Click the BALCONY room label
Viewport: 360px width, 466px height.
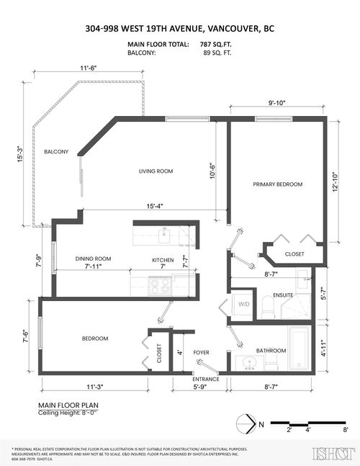pos(55,152)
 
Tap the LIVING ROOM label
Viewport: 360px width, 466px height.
pos(158,171)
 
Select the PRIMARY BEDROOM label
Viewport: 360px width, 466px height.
pos(277,184)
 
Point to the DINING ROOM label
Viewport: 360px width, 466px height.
pos(93,259)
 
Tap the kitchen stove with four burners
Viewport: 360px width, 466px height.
pos(160,285)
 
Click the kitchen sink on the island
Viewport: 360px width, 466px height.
pos(164,233)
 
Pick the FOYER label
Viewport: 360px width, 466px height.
pos(201,352)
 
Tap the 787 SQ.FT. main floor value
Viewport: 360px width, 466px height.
pos(215,45)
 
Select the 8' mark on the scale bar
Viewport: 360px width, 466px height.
pos(345,431)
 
